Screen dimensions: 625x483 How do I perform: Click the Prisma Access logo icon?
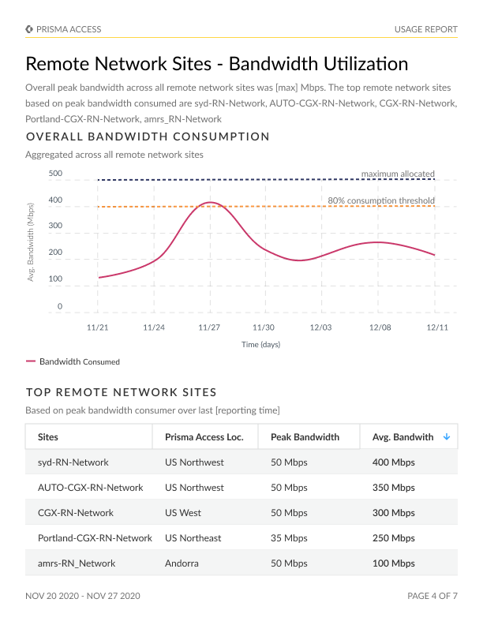[29, 29]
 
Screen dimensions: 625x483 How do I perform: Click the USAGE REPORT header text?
[425, 29]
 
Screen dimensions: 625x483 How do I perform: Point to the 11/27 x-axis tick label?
[208, 327]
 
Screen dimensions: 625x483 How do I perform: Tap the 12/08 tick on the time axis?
[380, 327]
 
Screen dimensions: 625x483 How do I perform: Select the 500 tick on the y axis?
[55, 174]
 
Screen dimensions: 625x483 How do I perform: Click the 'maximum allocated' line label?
[398, 174]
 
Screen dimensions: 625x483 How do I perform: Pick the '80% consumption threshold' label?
[380, 200]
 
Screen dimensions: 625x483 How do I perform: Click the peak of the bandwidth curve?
[208, 203]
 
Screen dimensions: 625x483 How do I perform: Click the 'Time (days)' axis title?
[260, 344]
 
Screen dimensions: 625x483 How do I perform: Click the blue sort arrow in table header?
[447, 436]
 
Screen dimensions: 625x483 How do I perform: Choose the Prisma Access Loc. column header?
[204, 437]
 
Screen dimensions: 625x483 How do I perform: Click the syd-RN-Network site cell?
[73, 462]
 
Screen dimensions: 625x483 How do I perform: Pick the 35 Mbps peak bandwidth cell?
[289, 538]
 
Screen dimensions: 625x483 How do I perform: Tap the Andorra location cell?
[182, 563]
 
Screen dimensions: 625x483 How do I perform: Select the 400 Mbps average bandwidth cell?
[393, 462]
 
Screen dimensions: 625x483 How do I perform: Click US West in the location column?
[183, 513]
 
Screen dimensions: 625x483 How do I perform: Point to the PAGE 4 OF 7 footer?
[432, 596]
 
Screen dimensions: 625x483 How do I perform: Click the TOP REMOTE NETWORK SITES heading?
[122, 392]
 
